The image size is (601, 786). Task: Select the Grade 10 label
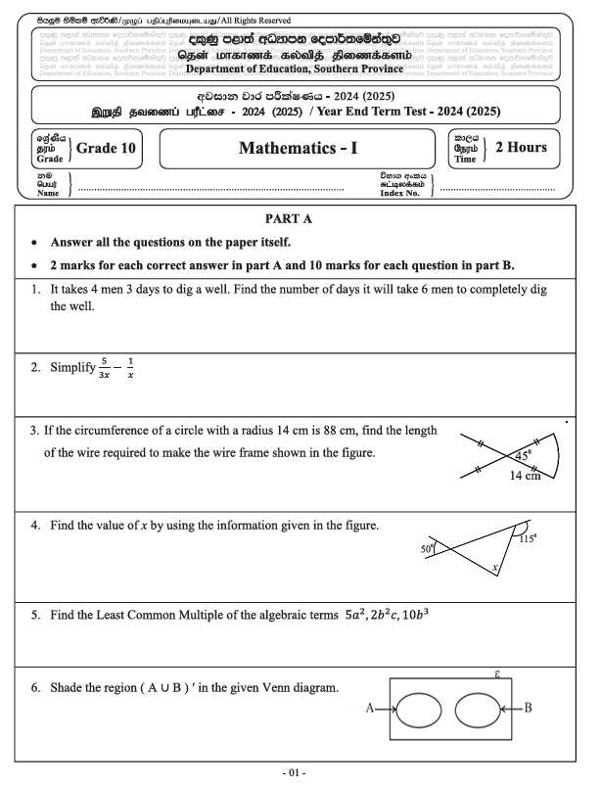click(106, 149)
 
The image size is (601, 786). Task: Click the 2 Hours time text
click(521, 148)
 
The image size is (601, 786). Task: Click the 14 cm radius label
click(526, 476)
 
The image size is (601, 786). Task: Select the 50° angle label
click(427, 550)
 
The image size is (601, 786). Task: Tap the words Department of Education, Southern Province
click(295, 69)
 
